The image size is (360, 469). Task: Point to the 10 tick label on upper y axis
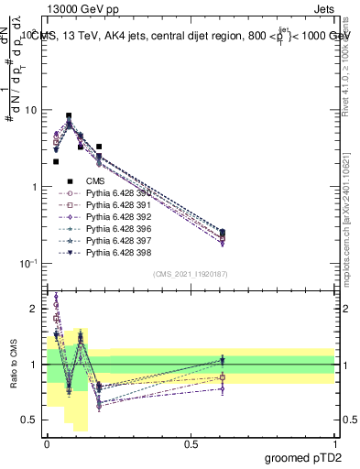[x=29, y=110]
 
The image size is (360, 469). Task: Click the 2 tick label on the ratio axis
[x=34, y=309]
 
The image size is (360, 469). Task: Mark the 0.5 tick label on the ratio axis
[x=29, y=420]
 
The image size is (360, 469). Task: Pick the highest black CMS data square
[x=69, y=116]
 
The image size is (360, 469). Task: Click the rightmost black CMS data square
[x=223, y=233]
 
